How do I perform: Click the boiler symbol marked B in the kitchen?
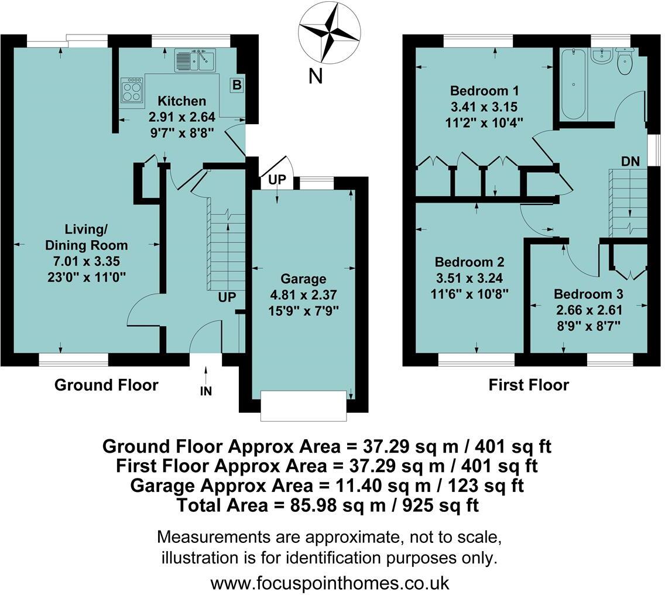(236, 85)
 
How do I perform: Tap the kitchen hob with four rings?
(132, 90)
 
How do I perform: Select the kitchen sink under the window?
(196, 60)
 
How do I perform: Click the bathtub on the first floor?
(571, 85)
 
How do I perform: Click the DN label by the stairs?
(630, 161)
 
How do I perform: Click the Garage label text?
(303, 279)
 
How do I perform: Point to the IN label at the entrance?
(206, 391)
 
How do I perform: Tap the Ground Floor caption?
(106, 385)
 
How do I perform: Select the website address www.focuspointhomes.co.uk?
(330, 583)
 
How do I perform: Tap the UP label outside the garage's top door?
(277, 180)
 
